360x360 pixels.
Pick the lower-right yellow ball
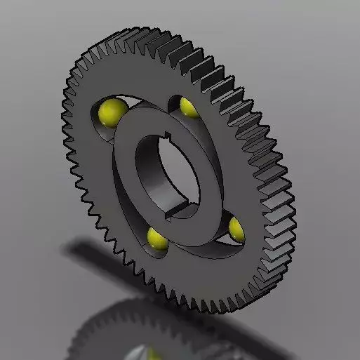coord(236,227)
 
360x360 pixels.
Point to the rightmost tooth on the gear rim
coord(293,211)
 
